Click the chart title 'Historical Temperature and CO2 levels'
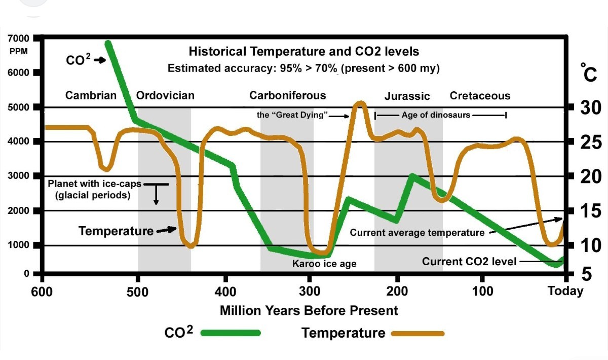(303, 51)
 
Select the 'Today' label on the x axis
(565, 291)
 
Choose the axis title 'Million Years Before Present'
(309, 310)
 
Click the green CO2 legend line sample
(231, 334)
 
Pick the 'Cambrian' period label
(91, 95)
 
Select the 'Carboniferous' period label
(288, 95)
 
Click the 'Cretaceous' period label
(480, 96)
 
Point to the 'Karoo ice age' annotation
(324, 264)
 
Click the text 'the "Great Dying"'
(293, 115)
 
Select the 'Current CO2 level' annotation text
(469, 262)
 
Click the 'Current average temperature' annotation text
(417, 233)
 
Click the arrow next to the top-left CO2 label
(100, 60)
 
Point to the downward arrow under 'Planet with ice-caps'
(156, 195)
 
